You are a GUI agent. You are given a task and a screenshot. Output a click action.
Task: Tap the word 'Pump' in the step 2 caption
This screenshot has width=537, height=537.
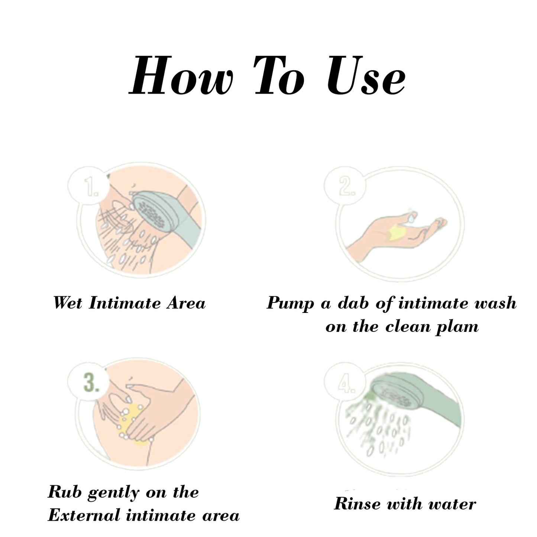tap(290, 304)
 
